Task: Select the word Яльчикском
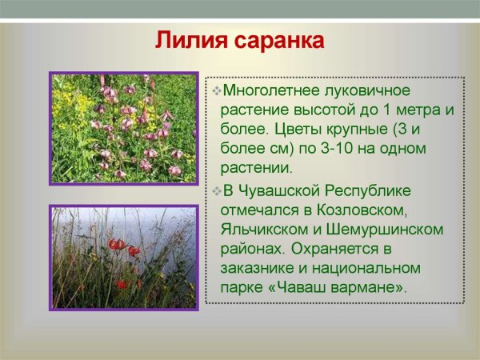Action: [262, 230]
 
